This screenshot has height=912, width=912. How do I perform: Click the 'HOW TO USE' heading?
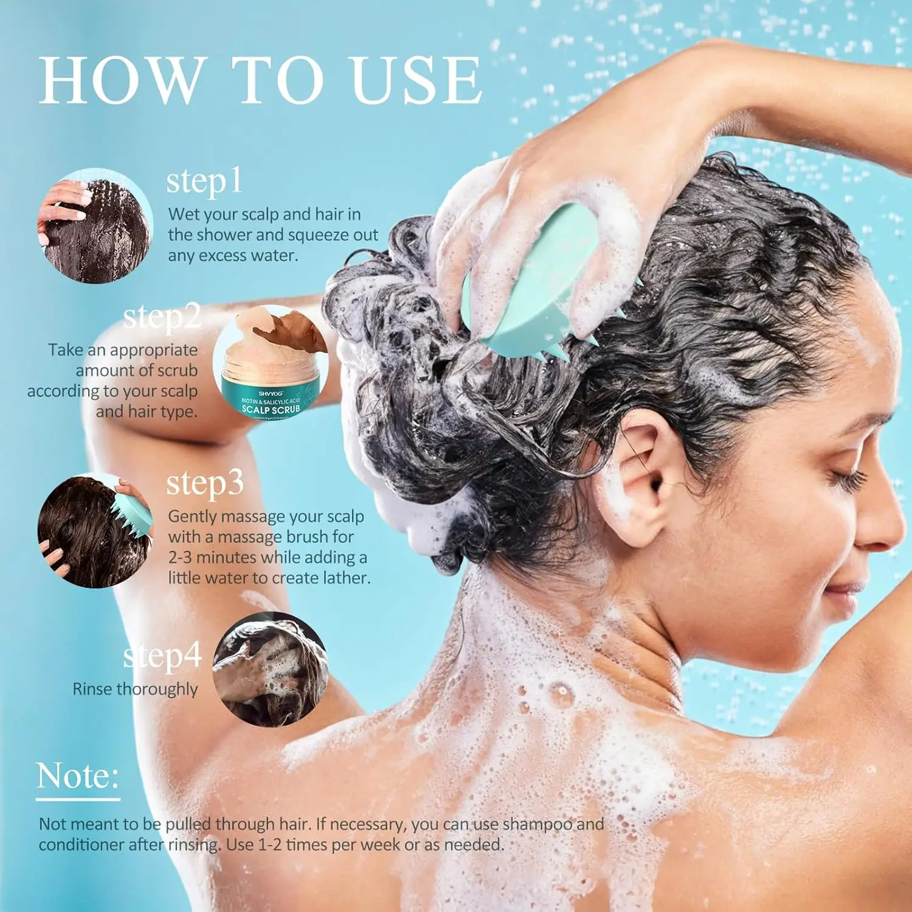point(260,80)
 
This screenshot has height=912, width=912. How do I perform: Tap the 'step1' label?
point(204,181)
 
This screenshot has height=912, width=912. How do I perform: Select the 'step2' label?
point(162,317)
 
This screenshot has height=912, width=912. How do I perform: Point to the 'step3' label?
point(205,483)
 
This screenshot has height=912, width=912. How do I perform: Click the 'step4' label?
point(162,655)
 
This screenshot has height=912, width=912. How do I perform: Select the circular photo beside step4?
point(271,669)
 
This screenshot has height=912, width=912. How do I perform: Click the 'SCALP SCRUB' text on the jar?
point(271,409)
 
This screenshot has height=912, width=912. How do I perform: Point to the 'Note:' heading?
point(77,776)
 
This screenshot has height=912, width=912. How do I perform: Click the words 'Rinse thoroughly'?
point(135,689)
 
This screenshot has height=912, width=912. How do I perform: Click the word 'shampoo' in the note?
point(537,824)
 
